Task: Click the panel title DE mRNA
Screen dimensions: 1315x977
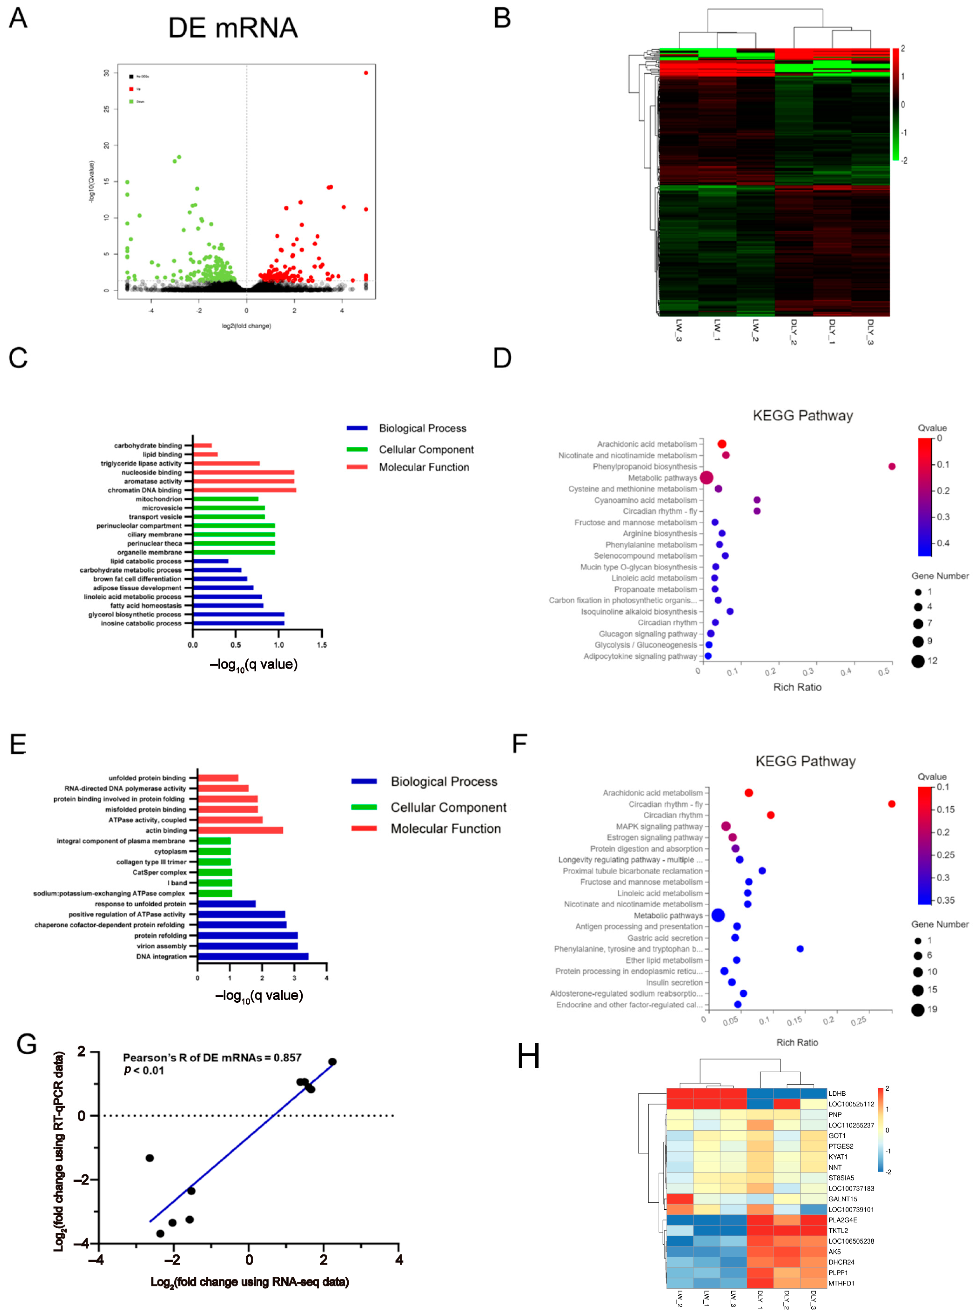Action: click(232, 28)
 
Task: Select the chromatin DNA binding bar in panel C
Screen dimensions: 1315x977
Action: click(244, 490)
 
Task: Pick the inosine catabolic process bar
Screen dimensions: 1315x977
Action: click(238, 623)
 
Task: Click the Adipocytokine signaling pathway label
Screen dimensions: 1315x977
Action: click(640, 656)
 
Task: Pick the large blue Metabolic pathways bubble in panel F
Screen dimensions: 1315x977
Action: click(718, 915)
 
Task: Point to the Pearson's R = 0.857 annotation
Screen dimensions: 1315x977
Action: click(212, 1058)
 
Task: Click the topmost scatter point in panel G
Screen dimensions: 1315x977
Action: click(332, 1062)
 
